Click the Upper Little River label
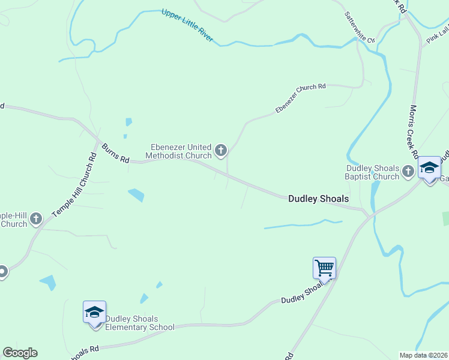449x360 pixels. (187, 25)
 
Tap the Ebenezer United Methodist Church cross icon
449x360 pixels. (221, 150)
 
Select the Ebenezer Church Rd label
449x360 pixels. (300, 98)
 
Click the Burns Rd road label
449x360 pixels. (115, 153)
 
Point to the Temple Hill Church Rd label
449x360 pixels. (74, 185)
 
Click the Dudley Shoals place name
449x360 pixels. (318, 198)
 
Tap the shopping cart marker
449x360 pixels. (324, 268)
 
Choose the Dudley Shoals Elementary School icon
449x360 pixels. (95, 312)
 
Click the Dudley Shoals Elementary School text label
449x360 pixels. (140, 323)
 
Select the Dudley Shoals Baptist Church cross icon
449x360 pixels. (408, 172)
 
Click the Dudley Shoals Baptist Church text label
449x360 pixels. (372, 173)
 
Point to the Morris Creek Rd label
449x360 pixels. (414, 129)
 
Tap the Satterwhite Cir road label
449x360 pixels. (359, 27)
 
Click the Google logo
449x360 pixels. (20, 353)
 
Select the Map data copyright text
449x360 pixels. (423, 355)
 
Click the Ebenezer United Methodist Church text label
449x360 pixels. (181, 151)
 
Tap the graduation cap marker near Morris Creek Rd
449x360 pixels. (430, 168)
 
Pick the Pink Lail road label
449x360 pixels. (437, 35)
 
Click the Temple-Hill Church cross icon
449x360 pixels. (36, 219)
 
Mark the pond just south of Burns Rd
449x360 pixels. (136, 195)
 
